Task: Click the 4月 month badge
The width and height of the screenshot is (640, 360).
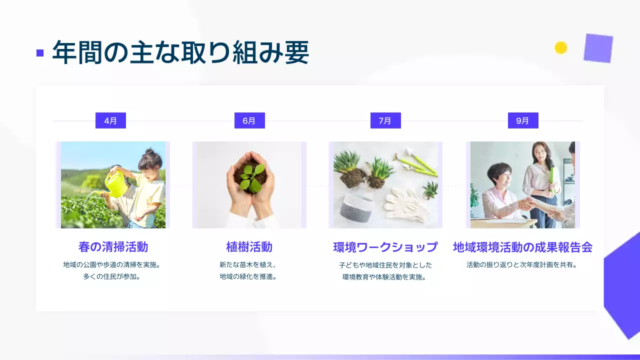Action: (110, 120)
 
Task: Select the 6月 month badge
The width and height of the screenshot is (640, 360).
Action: (249, 120)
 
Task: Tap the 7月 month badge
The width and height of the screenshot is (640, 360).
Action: (385, 120)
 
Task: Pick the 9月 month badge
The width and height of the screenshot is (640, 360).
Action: (523, 120)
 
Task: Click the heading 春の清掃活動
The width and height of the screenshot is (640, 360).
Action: (113, 247)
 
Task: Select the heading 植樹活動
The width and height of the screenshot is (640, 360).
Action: (249, 247)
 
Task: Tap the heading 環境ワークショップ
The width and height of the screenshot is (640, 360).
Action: (385, 247)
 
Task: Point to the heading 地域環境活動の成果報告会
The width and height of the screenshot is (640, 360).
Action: (522, 247)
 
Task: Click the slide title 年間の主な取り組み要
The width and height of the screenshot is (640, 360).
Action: (180, 52)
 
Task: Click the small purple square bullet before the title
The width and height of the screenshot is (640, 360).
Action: (40, 53)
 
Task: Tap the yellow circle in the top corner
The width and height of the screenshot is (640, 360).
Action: (561, 47)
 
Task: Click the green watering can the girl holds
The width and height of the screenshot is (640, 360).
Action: (116, 185)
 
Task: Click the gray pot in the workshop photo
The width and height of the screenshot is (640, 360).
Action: (356, 211)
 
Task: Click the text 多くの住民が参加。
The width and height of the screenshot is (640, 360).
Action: (111, 276)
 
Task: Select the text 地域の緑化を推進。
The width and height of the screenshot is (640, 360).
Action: (248, 276)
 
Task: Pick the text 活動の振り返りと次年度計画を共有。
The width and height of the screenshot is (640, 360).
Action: (522, 265)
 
